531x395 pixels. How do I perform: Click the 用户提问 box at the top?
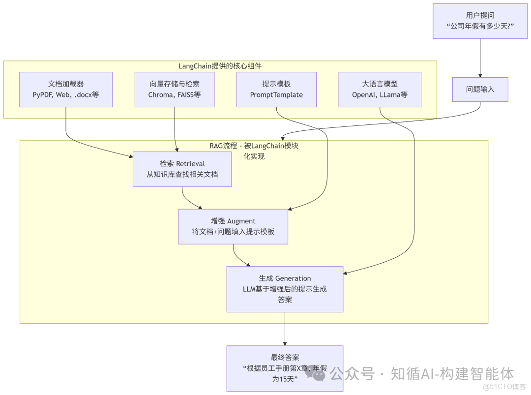(x=479, y=21)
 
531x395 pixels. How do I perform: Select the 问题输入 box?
(x=480, y=89)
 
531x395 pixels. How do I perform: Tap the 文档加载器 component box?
(x=66, y=89)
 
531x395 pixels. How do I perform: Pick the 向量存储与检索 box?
(x=175, y=89)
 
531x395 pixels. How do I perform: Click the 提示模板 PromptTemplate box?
(x=276, y=89)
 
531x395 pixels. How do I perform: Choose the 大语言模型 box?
(x=380, y=89)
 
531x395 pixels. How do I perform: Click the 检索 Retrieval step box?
(x=182, y=169)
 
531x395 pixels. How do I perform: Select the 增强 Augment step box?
(x=233, y=226)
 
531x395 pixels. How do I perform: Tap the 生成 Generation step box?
(x=285, y=289)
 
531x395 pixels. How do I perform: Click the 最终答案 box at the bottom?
(x=285, y=368)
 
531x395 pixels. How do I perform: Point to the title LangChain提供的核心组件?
(x=220, y=66)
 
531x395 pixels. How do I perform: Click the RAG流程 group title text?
(x=254, y=151)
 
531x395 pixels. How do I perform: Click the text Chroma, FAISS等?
(x=175, y=95)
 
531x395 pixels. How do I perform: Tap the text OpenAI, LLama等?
(x=380, y=95)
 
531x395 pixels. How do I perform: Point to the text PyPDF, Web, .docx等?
(x=66, y=95)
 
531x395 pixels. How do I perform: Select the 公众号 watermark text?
(x=352, y=374)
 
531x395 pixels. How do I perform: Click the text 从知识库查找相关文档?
(x=182, y=174)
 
